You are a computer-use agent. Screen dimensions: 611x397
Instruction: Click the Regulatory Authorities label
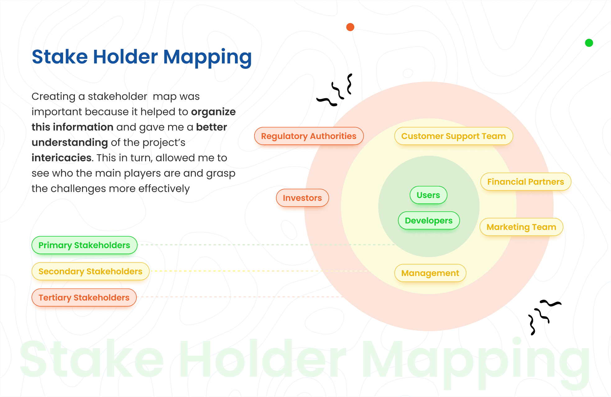pos(309,136)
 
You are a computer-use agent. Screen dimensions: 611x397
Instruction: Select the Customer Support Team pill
pos(453,136)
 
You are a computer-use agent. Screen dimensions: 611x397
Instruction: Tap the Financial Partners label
pos(526,182)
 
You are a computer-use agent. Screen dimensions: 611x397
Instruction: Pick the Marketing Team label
pos(521,227)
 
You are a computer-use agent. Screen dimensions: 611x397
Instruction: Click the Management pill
pos(430,273)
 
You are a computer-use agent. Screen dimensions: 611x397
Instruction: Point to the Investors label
pos(302,198)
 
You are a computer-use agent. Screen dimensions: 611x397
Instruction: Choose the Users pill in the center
pos(428,195)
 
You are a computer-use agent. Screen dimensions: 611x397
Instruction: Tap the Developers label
pos(429,221)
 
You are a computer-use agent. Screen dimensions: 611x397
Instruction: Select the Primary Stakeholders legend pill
pos(84,245)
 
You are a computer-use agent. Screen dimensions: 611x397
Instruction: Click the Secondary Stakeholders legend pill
pos(90,271)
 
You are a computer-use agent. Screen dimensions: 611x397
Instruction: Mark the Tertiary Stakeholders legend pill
pos(84,298)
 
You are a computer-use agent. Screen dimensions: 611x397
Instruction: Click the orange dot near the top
pos(350,27)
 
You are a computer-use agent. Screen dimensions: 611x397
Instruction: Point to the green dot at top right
pos(589,43)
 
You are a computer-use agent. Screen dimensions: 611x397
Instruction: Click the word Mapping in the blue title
pos(207,58)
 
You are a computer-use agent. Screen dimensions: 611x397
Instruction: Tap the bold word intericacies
pos(61,158)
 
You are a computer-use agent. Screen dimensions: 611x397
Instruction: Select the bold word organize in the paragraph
pos(213,112)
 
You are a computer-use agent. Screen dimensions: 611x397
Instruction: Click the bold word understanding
pos(70,143)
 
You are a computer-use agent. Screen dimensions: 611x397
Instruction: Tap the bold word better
pos(211,127)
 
